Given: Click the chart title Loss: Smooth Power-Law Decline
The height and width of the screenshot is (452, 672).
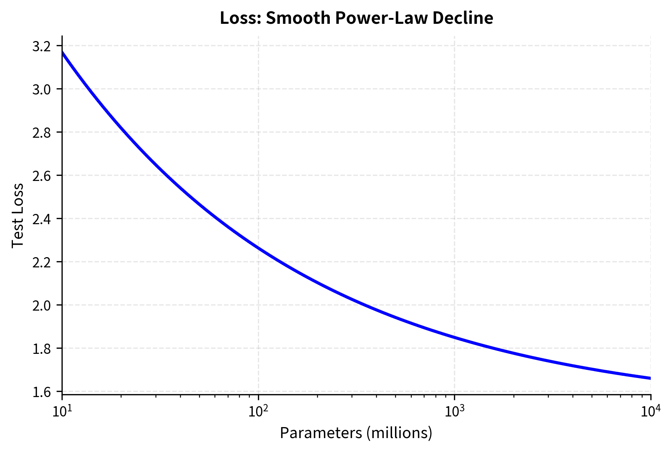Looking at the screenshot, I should tap(356, 18).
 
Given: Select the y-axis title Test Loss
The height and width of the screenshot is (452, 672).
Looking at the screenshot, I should tap(17, 215).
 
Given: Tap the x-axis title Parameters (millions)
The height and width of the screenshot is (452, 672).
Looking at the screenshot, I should tap(356, 433).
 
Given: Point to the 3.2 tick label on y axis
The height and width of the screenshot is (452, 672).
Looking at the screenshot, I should tap(42, 47).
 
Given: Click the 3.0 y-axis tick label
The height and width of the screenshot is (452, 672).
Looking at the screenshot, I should tap(42, 90).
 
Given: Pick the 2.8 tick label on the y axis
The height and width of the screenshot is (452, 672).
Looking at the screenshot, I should tap(42, 133).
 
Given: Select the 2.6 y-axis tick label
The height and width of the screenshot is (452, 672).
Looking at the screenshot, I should tap(42, 176).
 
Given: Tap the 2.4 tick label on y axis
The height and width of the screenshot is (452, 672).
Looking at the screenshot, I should tap(42, 219).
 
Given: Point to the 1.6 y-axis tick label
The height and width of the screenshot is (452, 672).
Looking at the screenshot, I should tap(42, 392).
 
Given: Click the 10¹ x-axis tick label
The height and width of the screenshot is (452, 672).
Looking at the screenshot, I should tap(62, 412).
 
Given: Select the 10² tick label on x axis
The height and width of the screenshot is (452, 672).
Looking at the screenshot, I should tap(258, 412).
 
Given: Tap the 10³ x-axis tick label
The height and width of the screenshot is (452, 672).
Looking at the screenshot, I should tap(454, 412).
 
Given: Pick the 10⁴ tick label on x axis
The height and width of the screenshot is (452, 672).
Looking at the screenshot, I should tap(650, 412).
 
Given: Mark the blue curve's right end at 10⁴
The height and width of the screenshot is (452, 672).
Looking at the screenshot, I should tap(650, 378).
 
